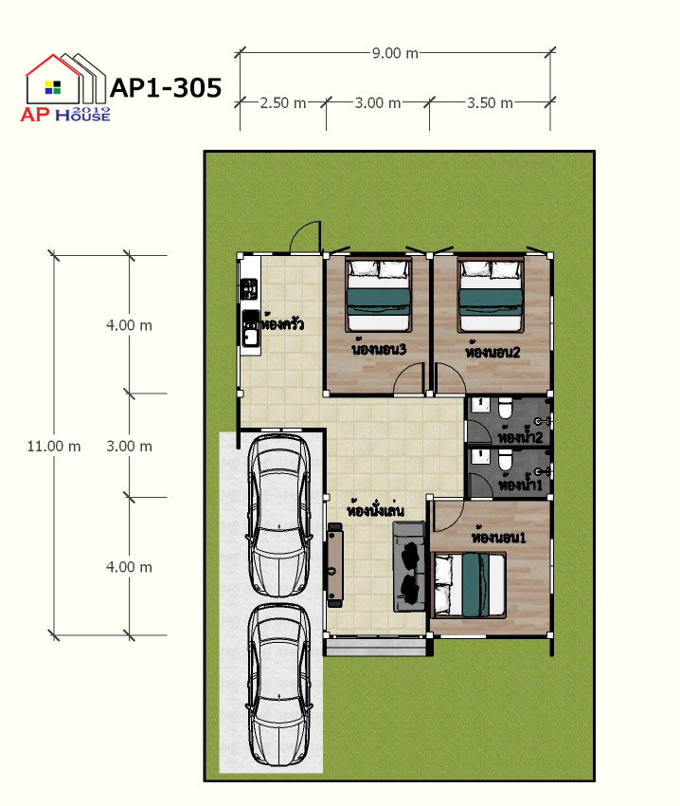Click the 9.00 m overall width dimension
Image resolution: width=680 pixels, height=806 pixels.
click(x=395, y=53)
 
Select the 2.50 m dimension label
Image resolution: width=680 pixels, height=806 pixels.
click(x=283, y=102)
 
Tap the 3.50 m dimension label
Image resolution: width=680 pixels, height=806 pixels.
click(x=490, y=102)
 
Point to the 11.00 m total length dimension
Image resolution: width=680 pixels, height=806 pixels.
click(x=54, y=447)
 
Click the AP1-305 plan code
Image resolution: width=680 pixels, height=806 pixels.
click(x=166, y=87)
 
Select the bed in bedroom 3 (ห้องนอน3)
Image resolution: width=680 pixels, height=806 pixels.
click(x=379, y=295)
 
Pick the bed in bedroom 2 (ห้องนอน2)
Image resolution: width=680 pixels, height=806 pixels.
click(x=491, y=295)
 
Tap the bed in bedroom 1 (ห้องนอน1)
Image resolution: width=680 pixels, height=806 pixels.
click(x=470, y=584)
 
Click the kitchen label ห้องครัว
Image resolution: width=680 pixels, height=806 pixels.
click(x=281, y=324)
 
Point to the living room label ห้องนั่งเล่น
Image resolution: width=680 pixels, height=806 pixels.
click(x=375, y=509)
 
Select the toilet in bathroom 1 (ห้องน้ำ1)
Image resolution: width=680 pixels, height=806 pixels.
click(x=505, y=459)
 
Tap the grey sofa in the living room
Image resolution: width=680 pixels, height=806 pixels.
click(x=409, y=566)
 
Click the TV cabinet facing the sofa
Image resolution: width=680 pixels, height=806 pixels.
click(x=335, y=565)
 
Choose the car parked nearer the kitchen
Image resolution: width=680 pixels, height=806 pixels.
click(x=279, y=516)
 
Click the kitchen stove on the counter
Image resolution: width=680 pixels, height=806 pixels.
click(x=250, y=289)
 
